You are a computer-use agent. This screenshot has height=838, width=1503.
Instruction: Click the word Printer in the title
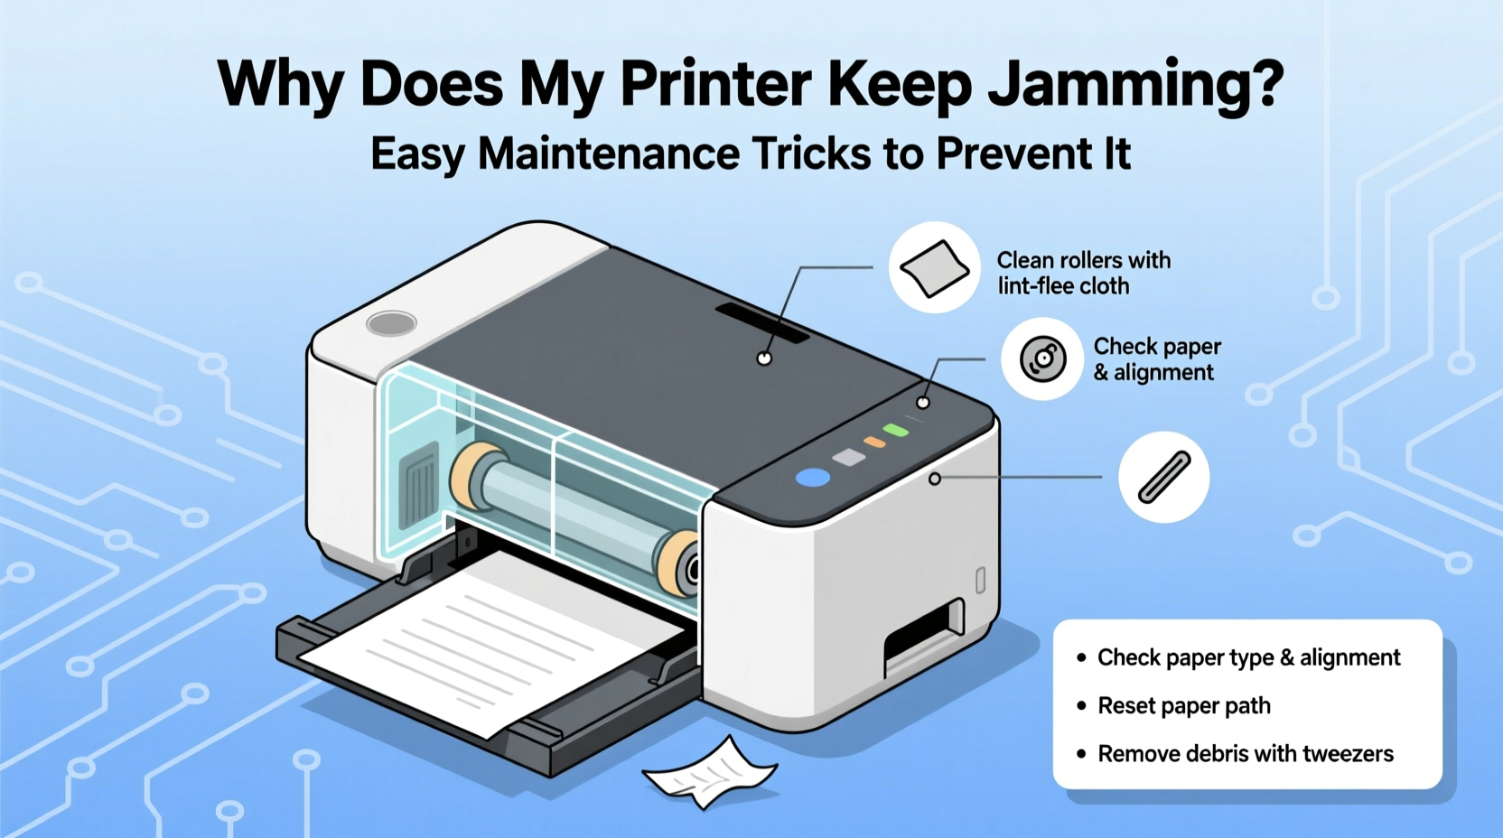click(715, 85)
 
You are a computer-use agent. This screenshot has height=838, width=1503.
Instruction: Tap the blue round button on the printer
click(813, 478)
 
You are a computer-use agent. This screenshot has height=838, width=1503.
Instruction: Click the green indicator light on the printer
click(895, 430)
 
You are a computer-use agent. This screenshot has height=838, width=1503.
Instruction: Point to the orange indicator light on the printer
click(874, 442)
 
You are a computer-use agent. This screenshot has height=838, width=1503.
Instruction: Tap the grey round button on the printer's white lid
click(391, 323)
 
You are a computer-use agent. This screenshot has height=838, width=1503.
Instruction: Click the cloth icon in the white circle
click(935, 267)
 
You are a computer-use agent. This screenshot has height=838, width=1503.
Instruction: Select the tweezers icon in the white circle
click(1163, 477)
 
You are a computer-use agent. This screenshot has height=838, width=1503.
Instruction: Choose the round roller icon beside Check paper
click(1042, 359)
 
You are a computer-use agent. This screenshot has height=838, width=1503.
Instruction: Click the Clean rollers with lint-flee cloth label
click(1083, 273)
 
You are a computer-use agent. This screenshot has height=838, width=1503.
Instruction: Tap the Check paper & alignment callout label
click(1156, 359)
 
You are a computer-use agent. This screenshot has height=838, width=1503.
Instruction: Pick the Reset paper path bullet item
click(1183, 705)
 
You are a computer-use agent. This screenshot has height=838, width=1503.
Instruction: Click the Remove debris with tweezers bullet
click(1245, 753)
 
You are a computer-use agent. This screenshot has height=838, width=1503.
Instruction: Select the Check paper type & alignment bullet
click(1248, 657)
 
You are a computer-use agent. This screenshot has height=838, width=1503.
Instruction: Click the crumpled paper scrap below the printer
click(710, 772)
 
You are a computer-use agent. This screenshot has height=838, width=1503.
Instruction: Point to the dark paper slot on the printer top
click(762, 323)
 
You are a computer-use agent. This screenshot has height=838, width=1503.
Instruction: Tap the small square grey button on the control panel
click(848, 458)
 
